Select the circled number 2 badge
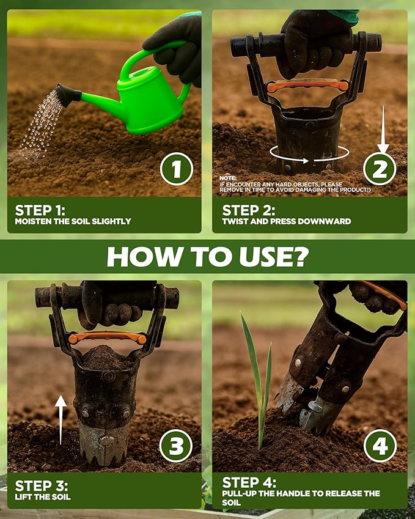[380, 168]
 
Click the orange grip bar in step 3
[107, 337]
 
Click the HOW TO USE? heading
[207, 257]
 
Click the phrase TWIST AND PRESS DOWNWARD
[286, 221]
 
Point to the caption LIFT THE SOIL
[43, 497]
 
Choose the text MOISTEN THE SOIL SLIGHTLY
[73, 221]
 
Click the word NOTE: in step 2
[227, 177]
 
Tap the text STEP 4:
[249, 482]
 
